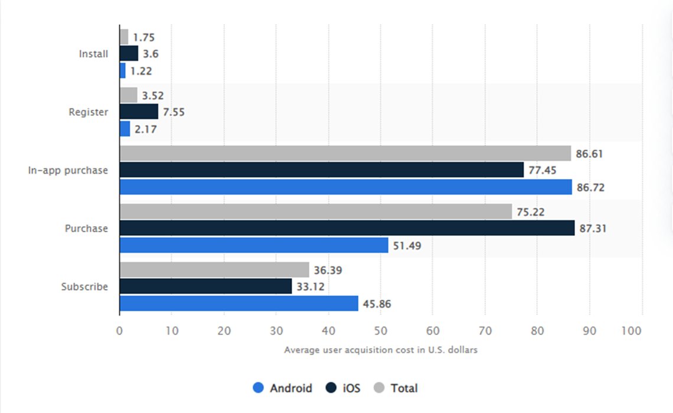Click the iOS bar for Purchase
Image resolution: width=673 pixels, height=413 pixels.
347,228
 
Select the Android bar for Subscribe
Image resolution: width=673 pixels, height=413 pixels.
239,304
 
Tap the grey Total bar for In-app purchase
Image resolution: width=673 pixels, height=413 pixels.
345,154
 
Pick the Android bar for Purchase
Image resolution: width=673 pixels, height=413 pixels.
254,245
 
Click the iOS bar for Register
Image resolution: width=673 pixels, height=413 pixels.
139,112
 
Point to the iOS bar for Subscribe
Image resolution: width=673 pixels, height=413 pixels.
205,287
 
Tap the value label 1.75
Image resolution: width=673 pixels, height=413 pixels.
145,37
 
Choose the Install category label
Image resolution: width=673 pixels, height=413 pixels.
93,54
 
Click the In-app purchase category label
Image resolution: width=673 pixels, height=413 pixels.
68,170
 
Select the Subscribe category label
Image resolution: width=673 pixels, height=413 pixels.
84,287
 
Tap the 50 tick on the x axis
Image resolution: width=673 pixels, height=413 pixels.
380,331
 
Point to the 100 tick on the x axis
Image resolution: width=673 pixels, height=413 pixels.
632,331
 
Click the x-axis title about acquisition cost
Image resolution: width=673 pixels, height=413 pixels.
380,350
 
